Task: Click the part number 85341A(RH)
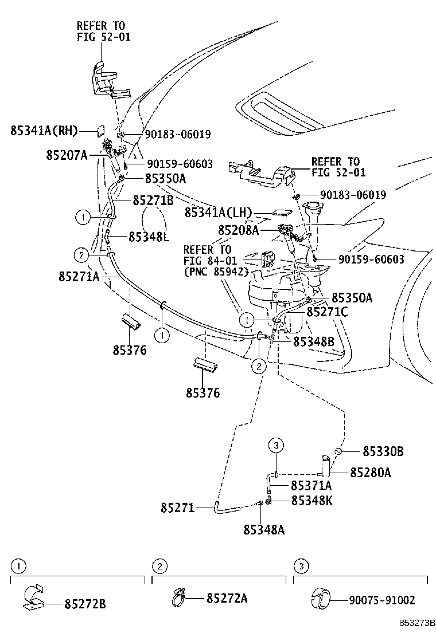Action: click(x=44, y=131)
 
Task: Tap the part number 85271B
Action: click(x=153, y=200)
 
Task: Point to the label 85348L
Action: click(x=149, y=235)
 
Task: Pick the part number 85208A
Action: click(x=239, y=230)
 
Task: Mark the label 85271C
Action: click(x=326, y=312)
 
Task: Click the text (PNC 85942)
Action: click(x=216, y=272)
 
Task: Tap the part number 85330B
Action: click(x=383, y=451)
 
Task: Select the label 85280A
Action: click(x=370, y=473)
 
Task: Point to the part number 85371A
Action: click(x=312, y=486)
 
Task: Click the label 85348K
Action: click(x=312, y=501)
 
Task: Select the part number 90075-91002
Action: click(x=381, y=600)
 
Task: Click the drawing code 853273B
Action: click(x=417, y=622)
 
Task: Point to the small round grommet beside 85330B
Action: click(x=339, y=451)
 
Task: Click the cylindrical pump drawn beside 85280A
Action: click(x=325, y=466)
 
